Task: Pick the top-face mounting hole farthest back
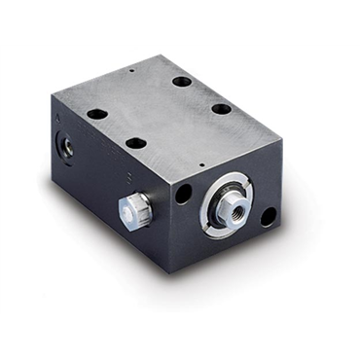pyautogui.click(x=182, y=80)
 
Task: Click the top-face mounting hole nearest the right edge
pyautogui.click(x=222, y=108)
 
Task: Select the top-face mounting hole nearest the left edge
pyautogui.click(x=97, y=114)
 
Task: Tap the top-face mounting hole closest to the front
pyautogui.click(x=136, y=143)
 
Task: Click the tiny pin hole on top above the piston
pyautogui.click(x=199, y=163)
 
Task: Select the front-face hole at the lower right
pyautogui.click(x=269, y=218)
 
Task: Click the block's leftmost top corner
pyautogui.click(x=55, y=90)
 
